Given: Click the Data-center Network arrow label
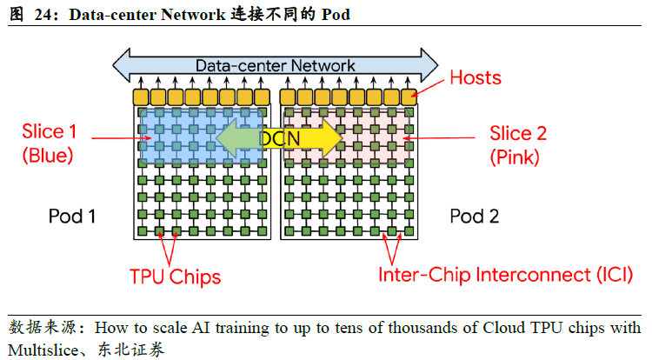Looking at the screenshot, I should click(275, 65).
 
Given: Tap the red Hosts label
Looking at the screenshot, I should click(475, 78).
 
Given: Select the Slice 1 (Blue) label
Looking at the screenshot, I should click(50, 143).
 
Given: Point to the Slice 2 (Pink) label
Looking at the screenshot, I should click(517, 144).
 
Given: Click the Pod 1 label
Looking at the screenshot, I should click(71, 216).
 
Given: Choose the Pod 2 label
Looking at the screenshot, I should click(475, 216).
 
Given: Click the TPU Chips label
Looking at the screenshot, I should click(175, 277).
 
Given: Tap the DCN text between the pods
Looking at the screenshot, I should click(279, 137).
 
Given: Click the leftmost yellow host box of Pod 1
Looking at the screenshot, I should click(141, 97).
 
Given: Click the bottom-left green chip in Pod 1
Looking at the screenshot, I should click(142, 232).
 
